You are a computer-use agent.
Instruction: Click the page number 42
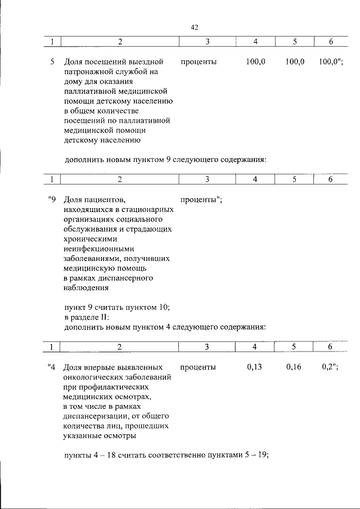(x=195, y=27)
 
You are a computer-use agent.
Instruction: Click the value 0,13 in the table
(x=255, y=367)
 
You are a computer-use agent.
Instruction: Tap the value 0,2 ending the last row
(x=328, y=367)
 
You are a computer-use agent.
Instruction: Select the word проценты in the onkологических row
(x=199, y=367)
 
